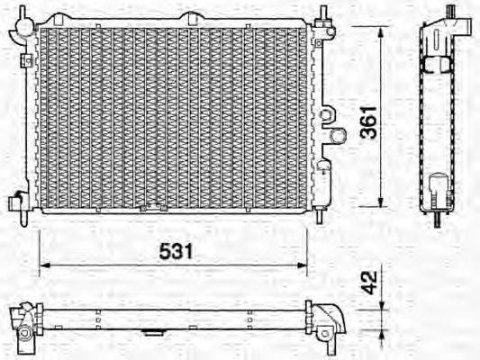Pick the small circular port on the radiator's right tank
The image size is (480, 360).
click(x=337, y=136)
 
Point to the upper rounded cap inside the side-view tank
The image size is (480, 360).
click(x=439, y=63)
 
